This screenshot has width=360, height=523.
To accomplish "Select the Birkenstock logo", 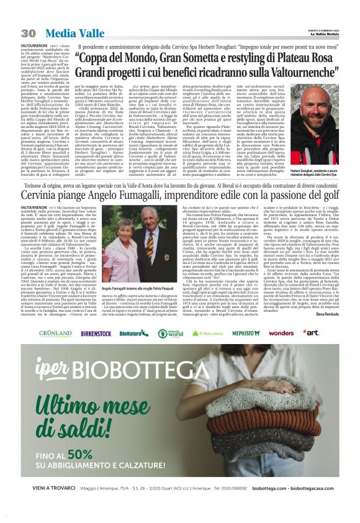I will point(96,333).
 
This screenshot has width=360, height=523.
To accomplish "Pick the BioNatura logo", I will point(133,333).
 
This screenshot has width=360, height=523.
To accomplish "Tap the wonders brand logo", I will point(281,333).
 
